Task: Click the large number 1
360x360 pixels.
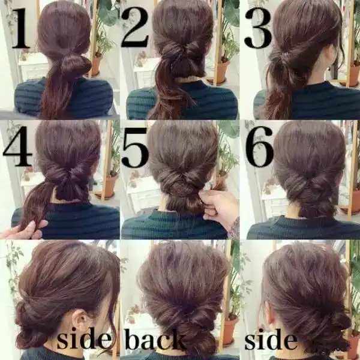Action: tap(21, 29)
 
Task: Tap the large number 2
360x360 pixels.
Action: tap(135, 27)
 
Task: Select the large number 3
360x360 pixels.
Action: tap(258, 28)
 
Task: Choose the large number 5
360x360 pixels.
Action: tap(136, 148)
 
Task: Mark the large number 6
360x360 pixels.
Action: tap(260, 146)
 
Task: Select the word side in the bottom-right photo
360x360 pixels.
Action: tap(271, 339)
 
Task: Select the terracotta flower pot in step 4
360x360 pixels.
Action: tap(107, 185)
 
